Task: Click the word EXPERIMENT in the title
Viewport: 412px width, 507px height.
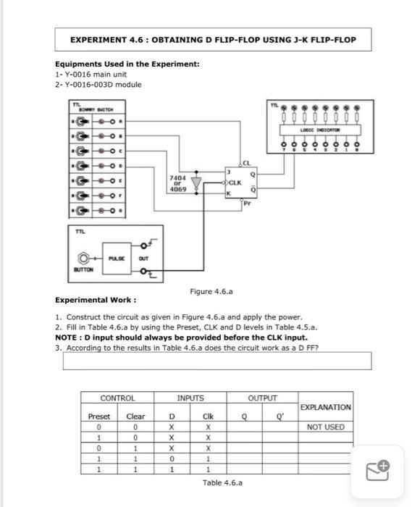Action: click(x=99, y=39)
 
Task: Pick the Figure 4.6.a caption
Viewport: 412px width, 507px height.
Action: click(x=210, y=291)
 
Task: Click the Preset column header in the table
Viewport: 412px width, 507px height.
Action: click(x=99, y=416)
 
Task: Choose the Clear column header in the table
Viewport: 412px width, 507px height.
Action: click(x=135, y=416)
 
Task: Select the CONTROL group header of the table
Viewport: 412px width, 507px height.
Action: click(x=117, y=398)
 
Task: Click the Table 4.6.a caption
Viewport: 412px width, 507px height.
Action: click(x=222, y=482)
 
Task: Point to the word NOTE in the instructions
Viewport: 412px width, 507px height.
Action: click(x=67, y=337)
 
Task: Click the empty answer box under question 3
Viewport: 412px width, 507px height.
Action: click(x=216, y=361)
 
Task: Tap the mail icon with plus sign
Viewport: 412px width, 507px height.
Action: click(x=379, y=471)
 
